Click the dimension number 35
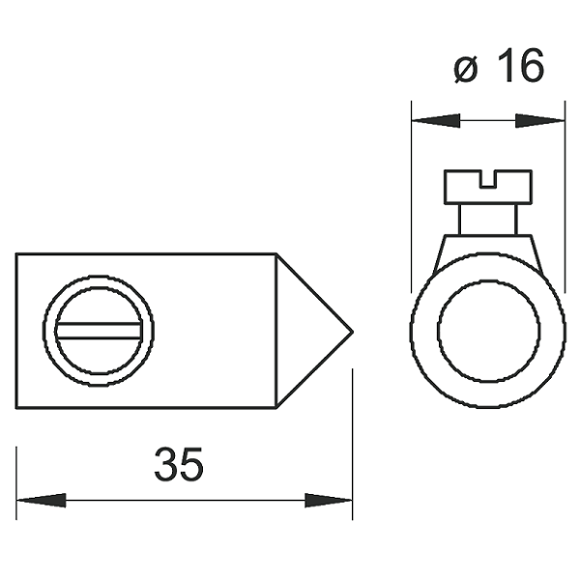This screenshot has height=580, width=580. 179,464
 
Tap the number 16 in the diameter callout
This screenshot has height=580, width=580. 520,66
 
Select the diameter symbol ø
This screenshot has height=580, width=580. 466,70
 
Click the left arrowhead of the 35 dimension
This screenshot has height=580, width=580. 41,501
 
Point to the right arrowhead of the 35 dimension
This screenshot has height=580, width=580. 329,501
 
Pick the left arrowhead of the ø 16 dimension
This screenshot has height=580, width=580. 436,121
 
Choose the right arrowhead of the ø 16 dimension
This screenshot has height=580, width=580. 539,121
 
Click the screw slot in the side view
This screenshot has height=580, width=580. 99,331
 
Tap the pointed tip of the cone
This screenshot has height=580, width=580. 352,332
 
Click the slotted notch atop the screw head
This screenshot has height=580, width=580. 488,179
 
